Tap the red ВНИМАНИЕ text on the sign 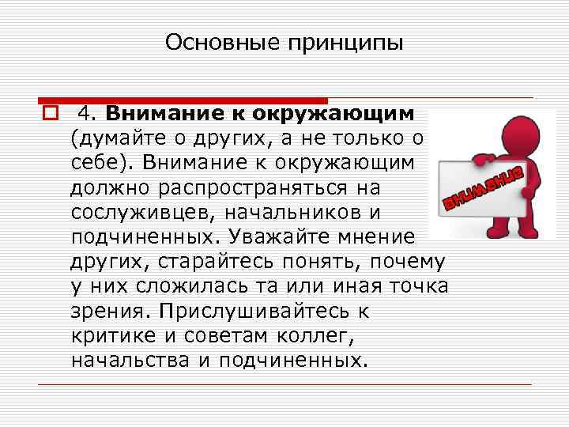[x=483, y=187]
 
